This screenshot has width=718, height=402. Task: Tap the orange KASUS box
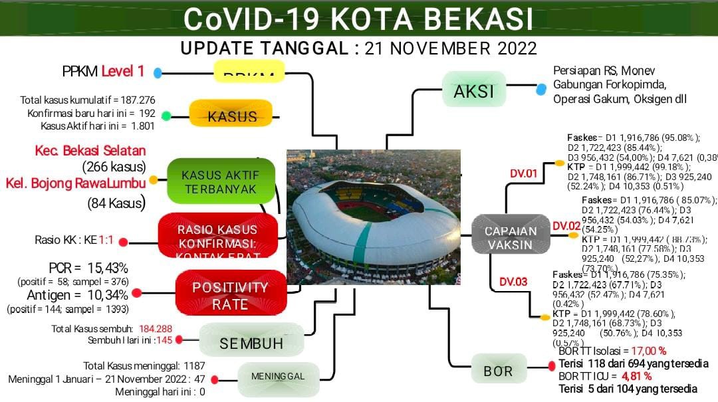(x=231, y=114)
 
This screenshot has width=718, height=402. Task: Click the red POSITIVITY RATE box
(x=229, y=296)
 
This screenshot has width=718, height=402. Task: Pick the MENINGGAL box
(x=277, y=376)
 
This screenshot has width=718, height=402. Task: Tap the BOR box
(x=498, y=371)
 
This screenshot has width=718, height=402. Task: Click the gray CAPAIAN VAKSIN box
(x=510, y=237)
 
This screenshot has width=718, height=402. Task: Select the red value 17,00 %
(x=648, y=350)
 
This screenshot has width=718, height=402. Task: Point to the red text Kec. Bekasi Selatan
(x=90, y=151)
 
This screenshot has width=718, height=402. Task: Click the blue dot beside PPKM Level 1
(x=158, y=73)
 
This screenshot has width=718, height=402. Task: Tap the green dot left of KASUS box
(x=166, y=116)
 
